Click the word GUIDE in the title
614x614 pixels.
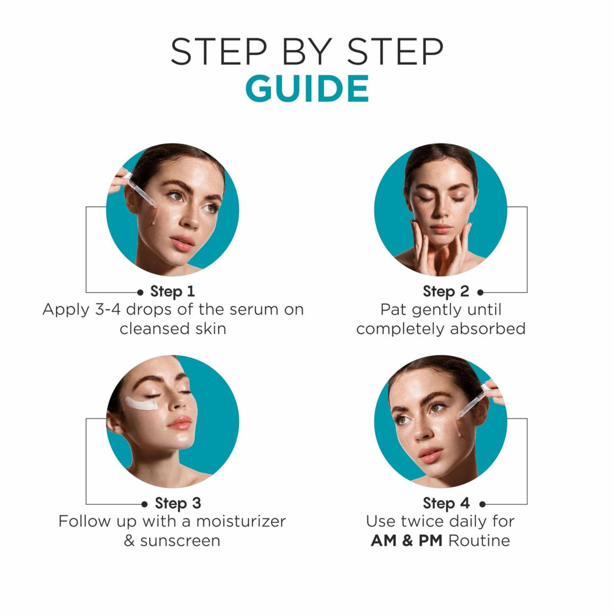coord(307,88)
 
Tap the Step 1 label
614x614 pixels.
coord(172,291)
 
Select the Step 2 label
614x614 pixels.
coord(446,291)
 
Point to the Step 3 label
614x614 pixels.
coord(178,503)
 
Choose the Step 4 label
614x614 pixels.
coord(446,503)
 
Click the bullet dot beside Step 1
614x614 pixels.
coord(140,292)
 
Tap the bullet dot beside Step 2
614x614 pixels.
coord(481,292)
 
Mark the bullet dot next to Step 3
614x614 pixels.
coord(144,504)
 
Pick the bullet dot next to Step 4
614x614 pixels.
coord(482,504)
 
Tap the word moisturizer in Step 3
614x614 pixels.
coord(241,521)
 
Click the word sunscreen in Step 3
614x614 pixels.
coord(180,541)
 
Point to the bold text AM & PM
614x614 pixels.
coord(406,541)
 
